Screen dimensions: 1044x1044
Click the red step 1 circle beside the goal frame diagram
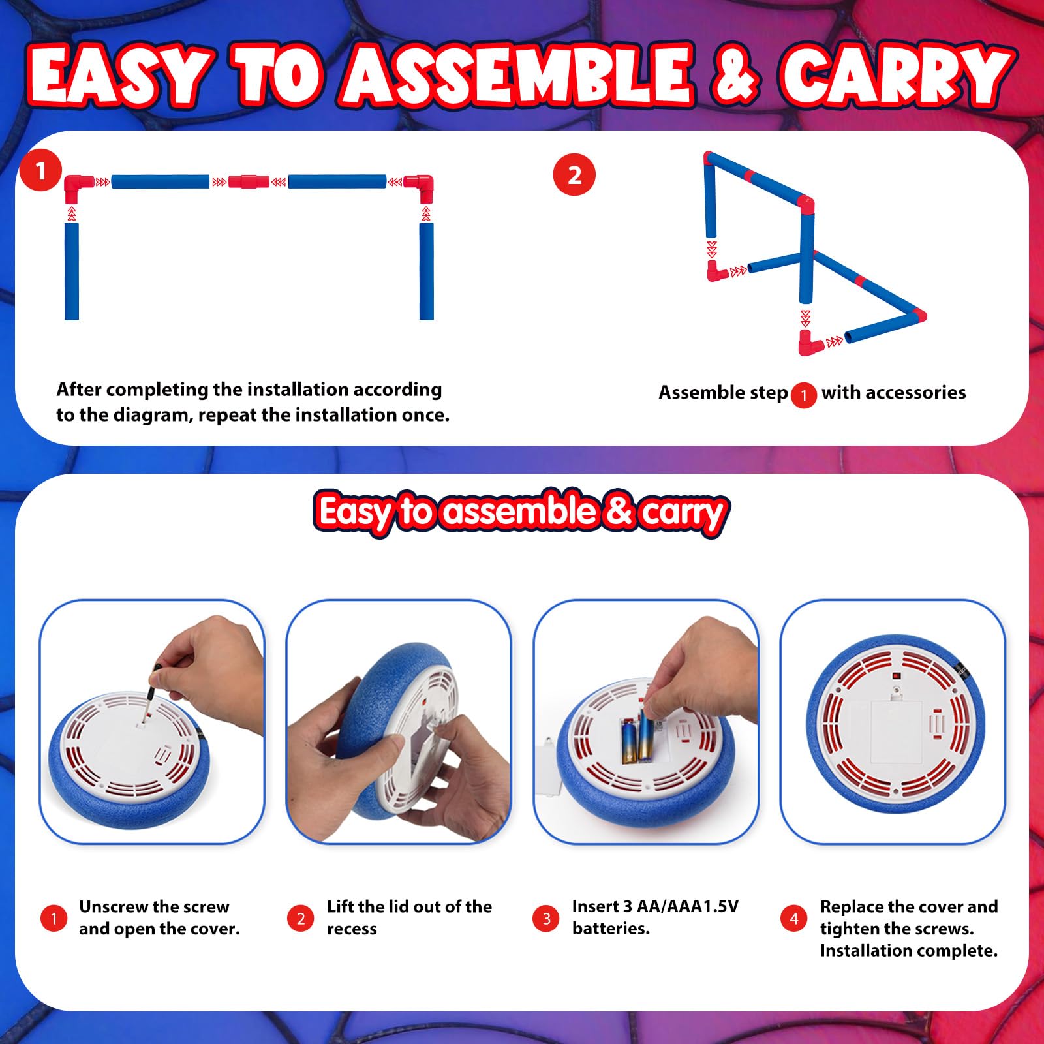40,171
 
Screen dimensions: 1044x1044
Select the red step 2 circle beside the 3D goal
574,175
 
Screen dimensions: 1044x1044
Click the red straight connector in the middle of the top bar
249,181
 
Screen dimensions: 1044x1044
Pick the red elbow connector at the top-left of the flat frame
79,188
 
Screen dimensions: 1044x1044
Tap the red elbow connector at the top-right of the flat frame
419,188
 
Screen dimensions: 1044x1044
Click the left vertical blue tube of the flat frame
72,271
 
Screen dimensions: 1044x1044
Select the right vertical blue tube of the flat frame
426,271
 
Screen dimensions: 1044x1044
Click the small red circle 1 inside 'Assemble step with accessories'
804,395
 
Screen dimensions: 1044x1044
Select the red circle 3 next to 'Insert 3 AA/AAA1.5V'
546,919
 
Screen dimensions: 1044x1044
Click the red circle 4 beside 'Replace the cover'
793,919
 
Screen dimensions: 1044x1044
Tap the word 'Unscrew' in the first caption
114,907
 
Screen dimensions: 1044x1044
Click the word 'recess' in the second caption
352,929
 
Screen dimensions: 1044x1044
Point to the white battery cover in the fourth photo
897,731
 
